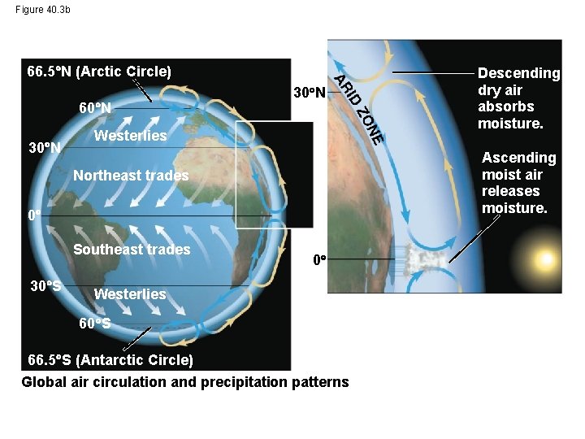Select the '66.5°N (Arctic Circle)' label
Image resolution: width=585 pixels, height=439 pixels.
(x=99, y=72)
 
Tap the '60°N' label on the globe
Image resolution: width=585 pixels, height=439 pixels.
(x=95, y=107)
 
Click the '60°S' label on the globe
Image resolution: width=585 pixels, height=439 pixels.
(x=95, y=324)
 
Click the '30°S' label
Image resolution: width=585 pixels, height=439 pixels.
(x=45, y=286)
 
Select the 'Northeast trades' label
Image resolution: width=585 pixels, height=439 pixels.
(x=131, y=176)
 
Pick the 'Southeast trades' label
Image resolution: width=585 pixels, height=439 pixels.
(x=132, y=250)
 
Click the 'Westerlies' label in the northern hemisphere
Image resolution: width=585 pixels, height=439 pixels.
(x=130, y=135)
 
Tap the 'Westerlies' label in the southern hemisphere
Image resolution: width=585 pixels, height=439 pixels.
(x=130, y=293)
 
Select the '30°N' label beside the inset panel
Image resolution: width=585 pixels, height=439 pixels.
(x=309, y=93)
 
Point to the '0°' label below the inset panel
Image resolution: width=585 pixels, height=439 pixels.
(x=320, y=260)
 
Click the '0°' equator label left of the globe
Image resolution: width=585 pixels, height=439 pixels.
(x=33, y=215)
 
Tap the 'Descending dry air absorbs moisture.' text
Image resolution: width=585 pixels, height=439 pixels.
(x=518, y=98)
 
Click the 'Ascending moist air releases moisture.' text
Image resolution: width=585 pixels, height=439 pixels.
(x=518, y=183)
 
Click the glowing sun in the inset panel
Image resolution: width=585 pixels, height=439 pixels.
(x=545, y=259)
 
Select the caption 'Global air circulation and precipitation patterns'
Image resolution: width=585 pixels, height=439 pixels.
(x=185, y=382)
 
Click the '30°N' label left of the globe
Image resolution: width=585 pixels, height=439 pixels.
(x=45, y=148)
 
